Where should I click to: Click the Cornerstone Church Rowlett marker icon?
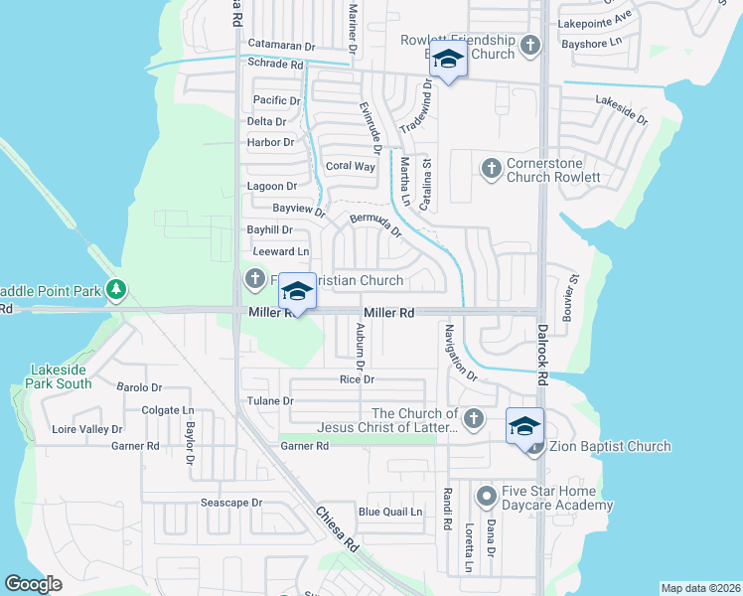click(490, 169)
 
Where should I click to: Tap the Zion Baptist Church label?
click(610, 447)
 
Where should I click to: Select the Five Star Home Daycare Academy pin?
click(486, 495)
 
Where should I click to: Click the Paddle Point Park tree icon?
click(117, 290)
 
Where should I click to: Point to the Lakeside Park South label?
click(61, 376)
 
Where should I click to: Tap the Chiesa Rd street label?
click(337, 530)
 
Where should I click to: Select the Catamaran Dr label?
click(281, 46)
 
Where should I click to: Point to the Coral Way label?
click(351, 166)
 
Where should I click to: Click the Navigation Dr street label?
click(461, 354)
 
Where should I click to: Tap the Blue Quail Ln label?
click(390, 513)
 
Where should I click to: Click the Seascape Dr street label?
click(231, 503)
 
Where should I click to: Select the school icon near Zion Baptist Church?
click(524, 425)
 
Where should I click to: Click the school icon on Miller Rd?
click(296, 290)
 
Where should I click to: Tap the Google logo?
click(34, 584)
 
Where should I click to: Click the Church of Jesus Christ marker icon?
click(474, 419)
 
